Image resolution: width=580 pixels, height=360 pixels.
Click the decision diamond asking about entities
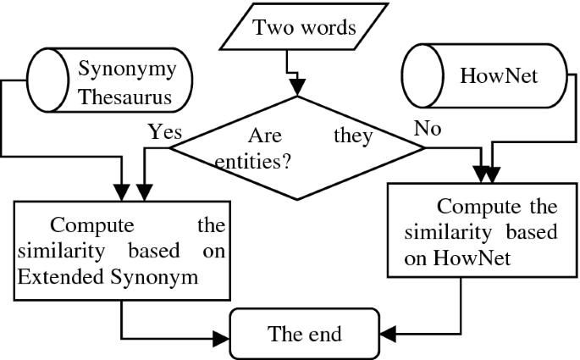tap(297, 147)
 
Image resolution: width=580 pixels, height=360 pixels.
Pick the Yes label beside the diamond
tap(165, 131)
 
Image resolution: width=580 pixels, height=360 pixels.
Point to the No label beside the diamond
tap(425, 130)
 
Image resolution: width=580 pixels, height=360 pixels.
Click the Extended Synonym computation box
tap(122, 251)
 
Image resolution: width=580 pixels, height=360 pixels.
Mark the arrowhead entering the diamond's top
tap(297, 87)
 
